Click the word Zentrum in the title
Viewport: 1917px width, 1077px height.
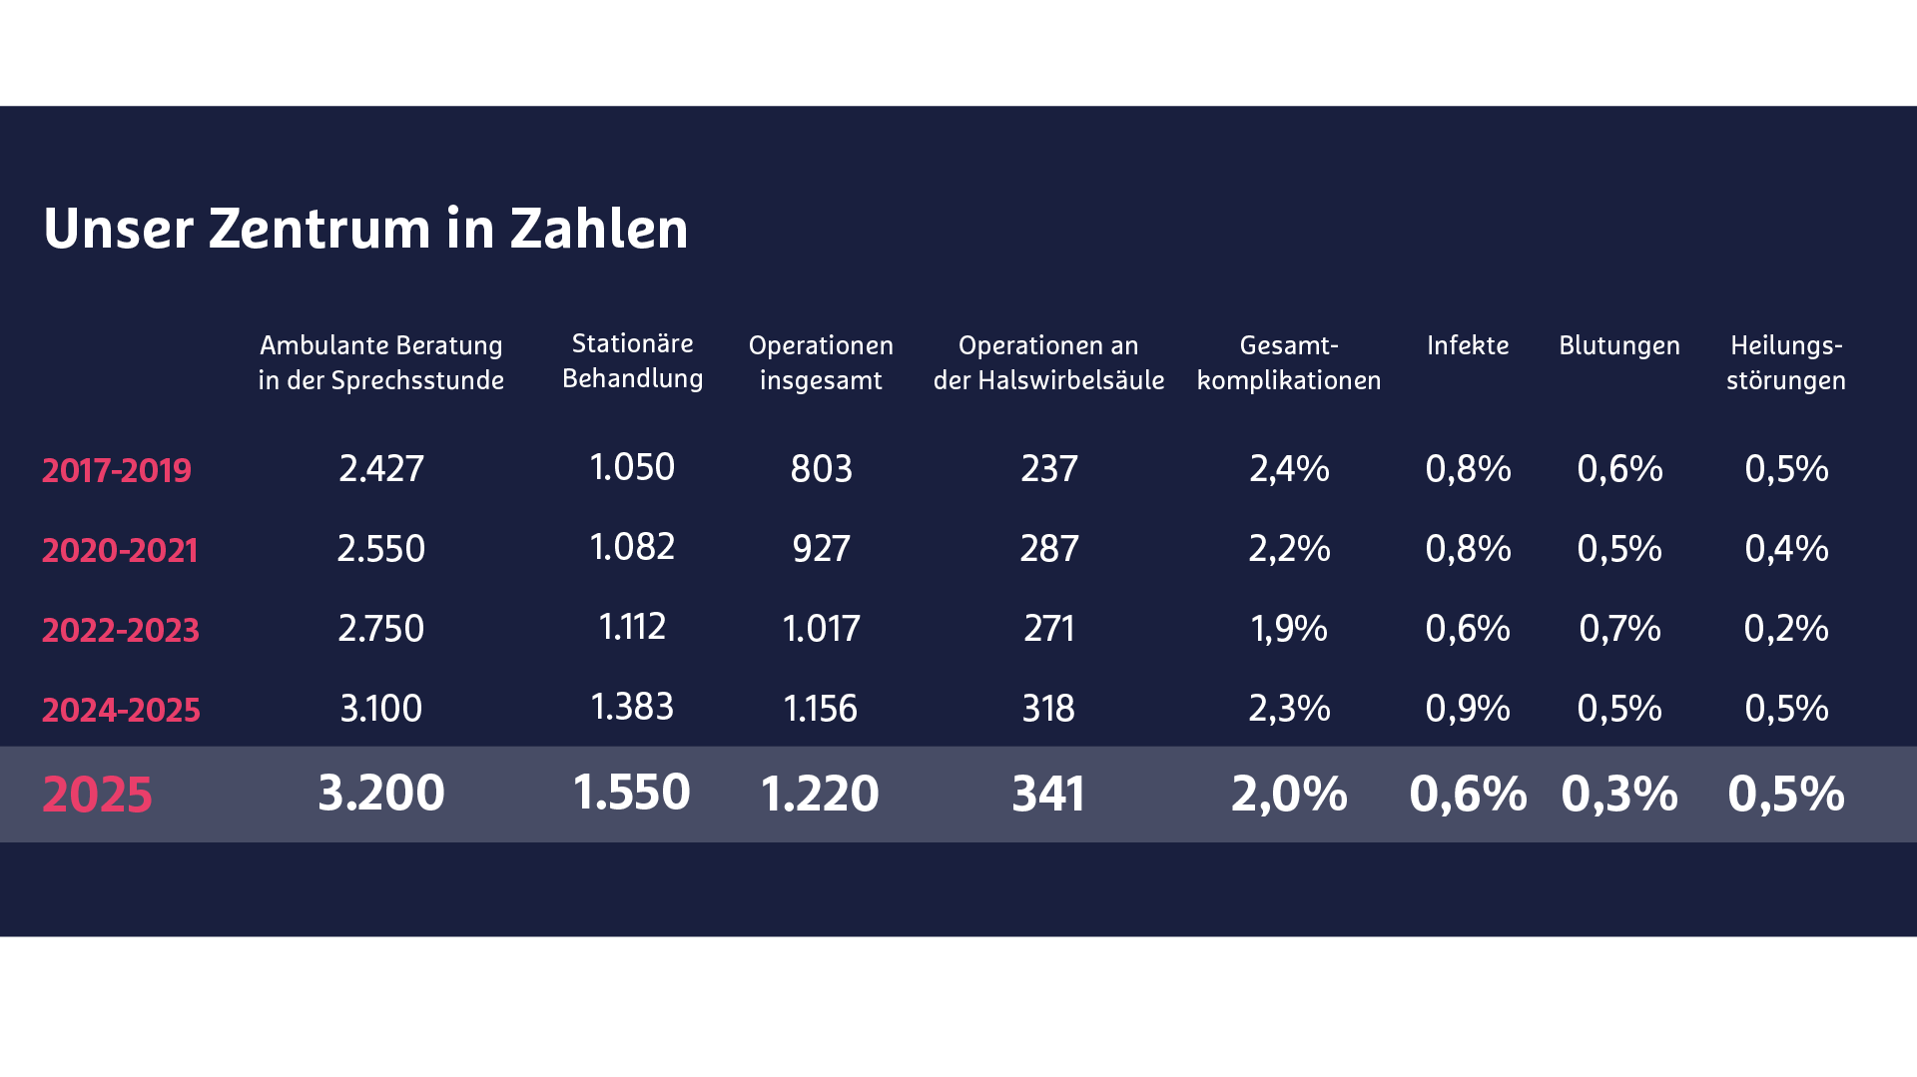coord(319,229)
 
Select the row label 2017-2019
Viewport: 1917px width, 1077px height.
coord(117,470)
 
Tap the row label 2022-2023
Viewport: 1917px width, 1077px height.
coord(121,630)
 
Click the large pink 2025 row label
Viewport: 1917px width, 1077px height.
coord(97,795)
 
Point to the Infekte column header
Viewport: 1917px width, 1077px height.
coord(1467,345)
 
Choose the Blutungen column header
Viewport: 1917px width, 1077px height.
coord(1618,345)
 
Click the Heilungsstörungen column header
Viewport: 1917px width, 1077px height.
coord(1785,362)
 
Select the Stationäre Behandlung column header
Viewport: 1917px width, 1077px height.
coord(632,360)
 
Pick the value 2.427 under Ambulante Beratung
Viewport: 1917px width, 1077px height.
coord(381,468)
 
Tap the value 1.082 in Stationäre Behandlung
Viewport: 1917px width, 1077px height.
coord(632,547)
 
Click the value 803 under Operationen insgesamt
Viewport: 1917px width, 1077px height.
coord(821,468)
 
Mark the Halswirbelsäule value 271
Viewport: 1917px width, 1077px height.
coord(1048,628)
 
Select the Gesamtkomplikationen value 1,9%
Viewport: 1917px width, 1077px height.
coord(1288,628)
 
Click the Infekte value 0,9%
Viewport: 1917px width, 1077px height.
coord(1467,708)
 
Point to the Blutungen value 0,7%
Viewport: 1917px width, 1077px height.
coord(1618,628)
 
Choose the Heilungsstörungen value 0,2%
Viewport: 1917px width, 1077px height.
coord(1785,628)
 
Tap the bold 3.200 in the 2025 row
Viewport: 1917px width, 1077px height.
coord(381,793)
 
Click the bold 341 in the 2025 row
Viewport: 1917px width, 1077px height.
coord(1048,794)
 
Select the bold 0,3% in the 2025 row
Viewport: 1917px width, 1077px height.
coord(1618,794)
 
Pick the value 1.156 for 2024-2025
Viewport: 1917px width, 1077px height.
coord(821,708)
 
